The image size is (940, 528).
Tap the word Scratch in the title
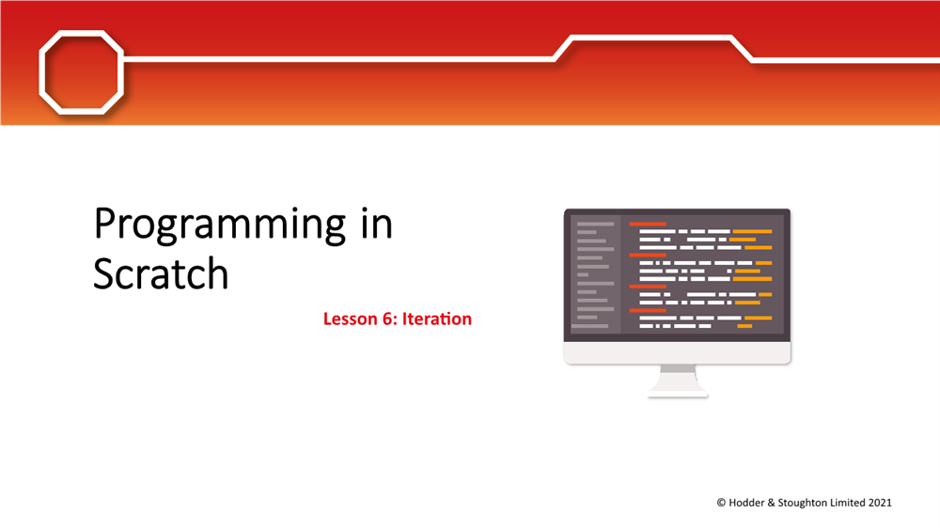pos(161,273)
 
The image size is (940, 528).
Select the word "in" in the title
pos(370,225)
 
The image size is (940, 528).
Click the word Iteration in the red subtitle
pos(437,318)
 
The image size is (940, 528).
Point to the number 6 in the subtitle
pos(387,318)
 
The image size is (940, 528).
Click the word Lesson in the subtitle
pos(351,318)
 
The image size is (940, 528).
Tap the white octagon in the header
pos(80,72)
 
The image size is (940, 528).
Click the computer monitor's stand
pos(678,380)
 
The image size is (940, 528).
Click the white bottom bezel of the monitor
pos(677,352)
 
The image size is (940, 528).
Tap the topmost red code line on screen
pos(648,224)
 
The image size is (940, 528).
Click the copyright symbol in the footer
pos(721,503)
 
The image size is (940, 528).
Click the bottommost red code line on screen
pos(648,309)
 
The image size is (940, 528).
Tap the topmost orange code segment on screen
pos(752,231)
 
